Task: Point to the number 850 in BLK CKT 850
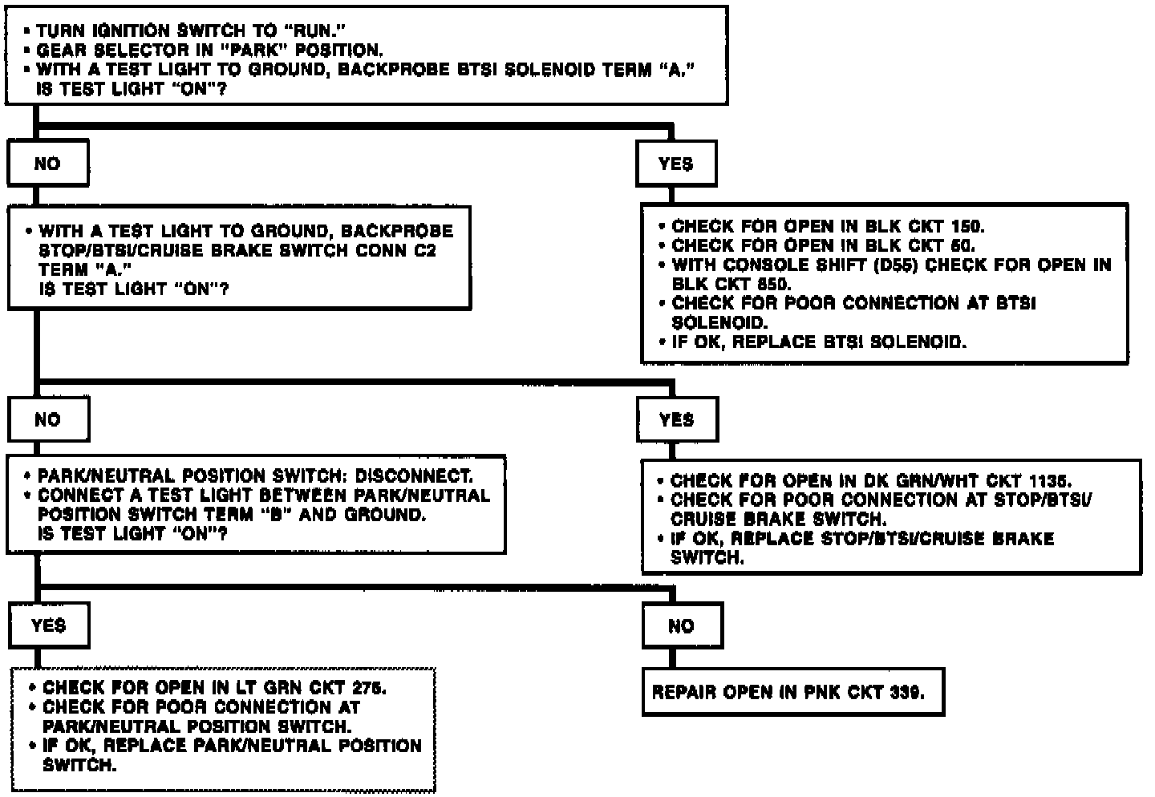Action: tap(775, 285)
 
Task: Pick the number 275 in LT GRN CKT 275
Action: tap(370, 688)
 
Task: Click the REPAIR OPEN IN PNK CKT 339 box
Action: tap(792, 692)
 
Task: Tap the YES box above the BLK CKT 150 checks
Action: tap(675, 164)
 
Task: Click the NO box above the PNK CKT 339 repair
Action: tap(681, 626)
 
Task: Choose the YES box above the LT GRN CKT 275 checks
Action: tap(48, 625)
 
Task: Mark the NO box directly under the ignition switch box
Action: tap(47, 164)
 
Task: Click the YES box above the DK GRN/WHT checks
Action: tap(676, 420)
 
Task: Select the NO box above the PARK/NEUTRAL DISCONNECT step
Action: tap(47, 420)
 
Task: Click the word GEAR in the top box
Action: tap(59, 51)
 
